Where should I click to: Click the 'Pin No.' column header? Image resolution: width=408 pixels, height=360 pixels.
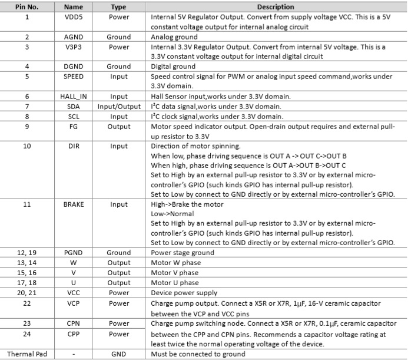coord(26,7)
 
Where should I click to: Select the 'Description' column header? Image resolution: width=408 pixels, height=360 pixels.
coord(276,7)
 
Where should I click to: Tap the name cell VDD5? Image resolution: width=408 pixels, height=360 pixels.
coord(74,17)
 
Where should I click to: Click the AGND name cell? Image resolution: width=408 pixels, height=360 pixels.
coord(74,37)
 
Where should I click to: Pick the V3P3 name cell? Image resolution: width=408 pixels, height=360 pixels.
coord(74,47)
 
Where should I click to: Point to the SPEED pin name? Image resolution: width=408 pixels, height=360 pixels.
coord(74,76)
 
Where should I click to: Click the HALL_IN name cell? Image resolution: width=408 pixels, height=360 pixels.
coord(74,96)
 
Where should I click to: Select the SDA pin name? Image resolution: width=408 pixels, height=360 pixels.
coord(74,106)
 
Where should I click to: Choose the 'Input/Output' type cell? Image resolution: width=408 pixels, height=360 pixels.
coord(119,106)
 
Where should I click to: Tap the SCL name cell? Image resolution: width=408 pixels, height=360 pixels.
coord(74,116)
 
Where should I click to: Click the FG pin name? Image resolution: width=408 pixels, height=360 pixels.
coord(74,126)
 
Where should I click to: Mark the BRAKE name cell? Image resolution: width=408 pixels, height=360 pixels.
coord(74,204)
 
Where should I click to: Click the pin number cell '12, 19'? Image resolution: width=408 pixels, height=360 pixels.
coord(26,253)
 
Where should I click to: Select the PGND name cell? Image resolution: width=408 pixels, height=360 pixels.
coord(74,253)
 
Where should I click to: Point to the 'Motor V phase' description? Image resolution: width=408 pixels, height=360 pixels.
coord(175,273)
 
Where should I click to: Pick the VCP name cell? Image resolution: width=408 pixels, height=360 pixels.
coord(74,303)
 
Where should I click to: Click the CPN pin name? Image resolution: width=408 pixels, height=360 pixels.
coord(74,323)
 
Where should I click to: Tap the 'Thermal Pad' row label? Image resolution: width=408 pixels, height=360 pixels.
coord(26,354)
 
